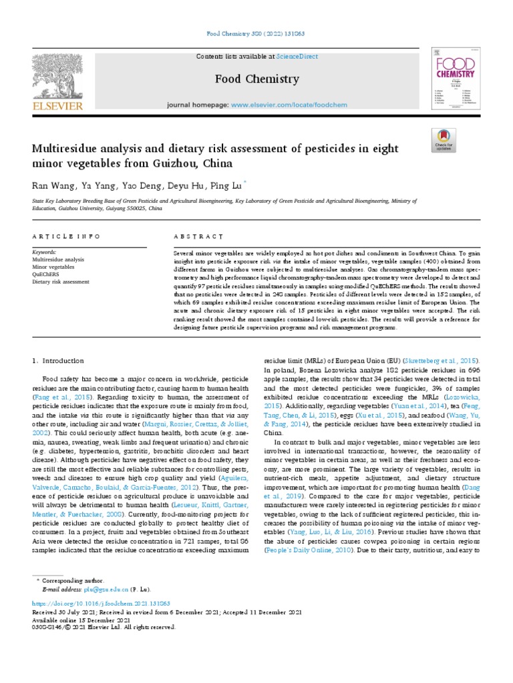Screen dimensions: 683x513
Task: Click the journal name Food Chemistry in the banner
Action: [256, 79]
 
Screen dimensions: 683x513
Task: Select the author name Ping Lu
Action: [226, 185]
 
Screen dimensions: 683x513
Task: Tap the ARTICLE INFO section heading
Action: [66, 237]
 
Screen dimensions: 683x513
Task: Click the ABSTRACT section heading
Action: [198, 237]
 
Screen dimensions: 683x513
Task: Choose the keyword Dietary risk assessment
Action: [61, 281]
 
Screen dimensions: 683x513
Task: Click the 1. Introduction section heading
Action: [59, 360]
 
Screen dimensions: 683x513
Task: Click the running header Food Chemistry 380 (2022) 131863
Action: [256, 33]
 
